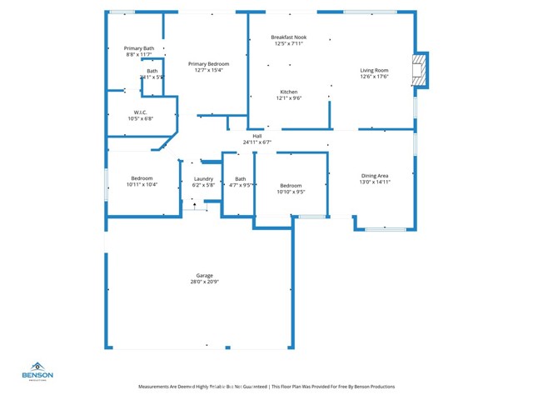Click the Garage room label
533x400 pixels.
point(204,275)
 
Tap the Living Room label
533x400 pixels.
point(374,70)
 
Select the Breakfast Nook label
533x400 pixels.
point(288,37)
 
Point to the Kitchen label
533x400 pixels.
point(288,92)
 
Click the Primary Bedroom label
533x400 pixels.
point(208,64)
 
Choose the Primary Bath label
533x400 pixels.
point(139,48)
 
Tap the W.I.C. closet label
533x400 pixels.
point(141,112)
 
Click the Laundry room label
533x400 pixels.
point(204,178)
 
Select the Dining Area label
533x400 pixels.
point(375,176)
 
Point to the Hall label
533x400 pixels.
point(257,136)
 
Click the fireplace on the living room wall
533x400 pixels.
point(421,70)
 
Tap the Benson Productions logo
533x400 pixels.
point(37,371)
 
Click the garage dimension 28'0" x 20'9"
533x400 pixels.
point(204,282)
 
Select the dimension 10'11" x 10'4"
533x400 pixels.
point(142,185)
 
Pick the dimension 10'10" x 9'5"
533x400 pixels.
point(291,192)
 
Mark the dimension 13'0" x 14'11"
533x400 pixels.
point(375,182)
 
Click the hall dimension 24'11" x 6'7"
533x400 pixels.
point(257,142)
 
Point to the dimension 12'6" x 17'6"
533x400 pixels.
point(374,77)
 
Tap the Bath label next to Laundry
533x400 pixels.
point(241,178)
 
